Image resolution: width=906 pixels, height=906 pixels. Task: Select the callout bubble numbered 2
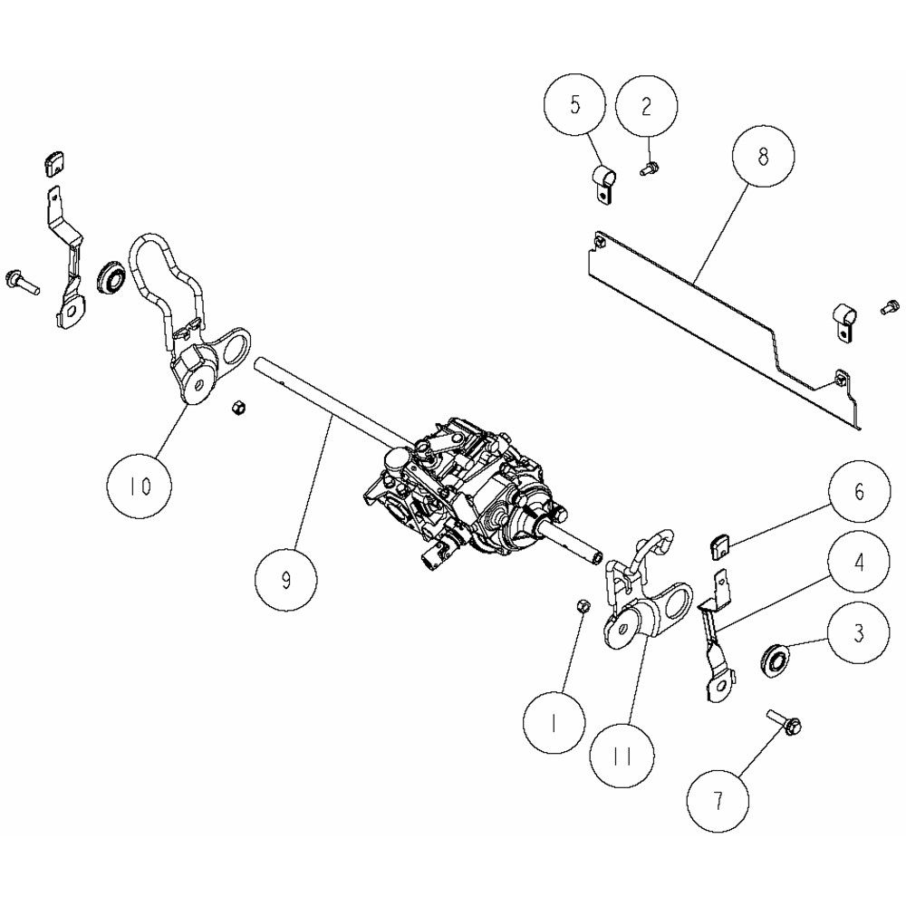pos(647,106)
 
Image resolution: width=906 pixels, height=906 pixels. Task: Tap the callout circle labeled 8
pos(763,156)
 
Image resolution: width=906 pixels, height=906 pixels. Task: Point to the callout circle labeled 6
pos(859,491)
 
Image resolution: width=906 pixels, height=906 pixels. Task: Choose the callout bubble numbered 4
pos(859,562)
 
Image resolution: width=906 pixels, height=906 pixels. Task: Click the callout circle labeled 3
pos(859,633)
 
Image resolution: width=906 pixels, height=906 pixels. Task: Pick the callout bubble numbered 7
pos(718,801)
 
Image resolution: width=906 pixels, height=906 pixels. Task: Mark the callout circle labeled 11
pos(623,756)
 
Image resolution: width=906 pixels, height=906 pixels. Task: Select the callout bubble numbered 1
pos(554,723)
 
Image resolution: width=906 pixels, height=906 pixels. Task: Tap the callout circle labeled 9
pos(286,580)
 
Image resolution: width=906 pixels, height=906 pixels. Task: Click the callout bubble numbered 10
pos(140,486)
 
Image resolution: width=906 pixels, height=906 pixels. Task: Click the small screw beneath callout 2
pos(650,169)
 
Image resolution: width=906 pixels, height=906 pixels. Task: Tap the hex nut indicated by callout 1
pos(583,606)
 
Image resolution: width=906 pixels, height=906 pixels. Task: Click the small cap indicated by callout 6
pos(718,546)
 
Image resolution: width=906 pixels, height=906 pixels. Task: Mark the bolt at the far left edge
pos(22,282)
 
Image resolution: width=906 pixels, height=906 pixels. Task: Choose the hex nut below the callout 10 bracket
pos(236,409)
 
